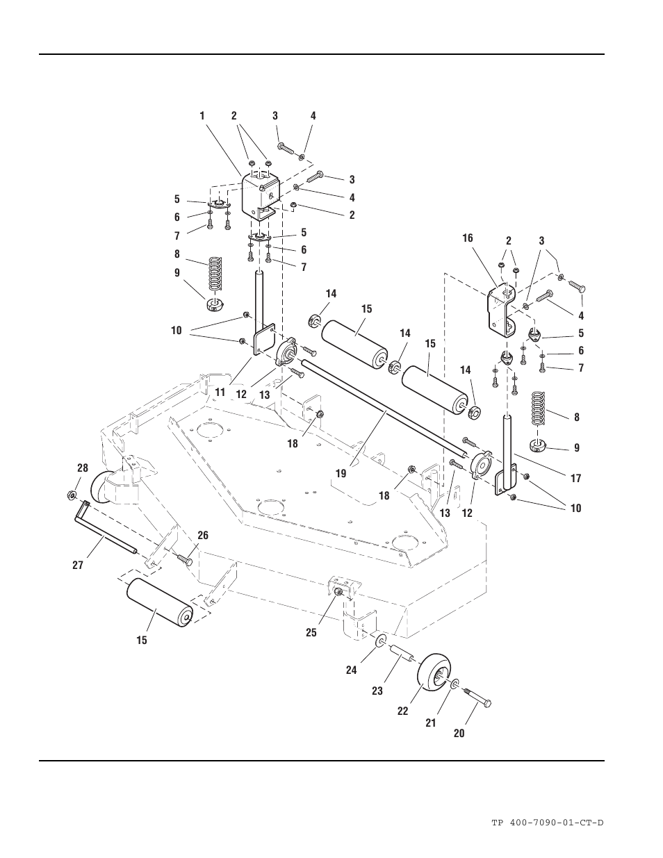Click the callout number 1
202,116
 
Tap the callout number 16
468,238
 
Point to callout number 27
78,565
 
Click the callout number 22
402,711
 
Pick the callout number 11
220,393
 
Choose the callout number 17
575,478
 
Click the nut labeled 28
72,495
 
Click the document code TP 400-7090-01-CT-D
547,823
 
